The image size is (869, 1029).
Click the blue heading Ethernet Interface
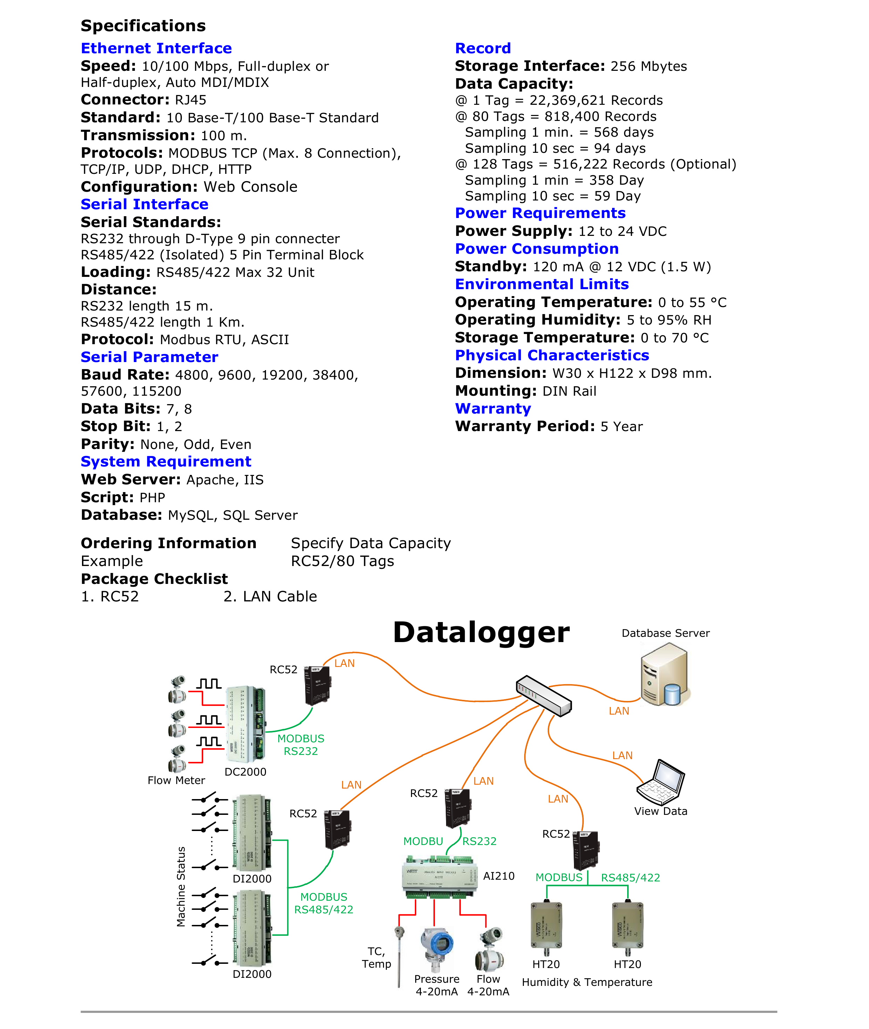click(156, 48)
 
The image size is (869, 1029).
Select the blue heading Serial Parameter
click(149, 357)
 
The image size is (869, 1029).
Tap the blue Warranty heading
click(493, 409)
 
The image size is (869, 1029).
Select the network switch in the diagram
click(543, 695)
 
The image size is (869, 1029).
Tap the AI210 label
click(499, 876)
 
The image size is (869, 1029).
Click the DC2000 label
click(245, 772)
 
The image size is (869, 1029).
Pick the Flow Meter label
click(176, 780)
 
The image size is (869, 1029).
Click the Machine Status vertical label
click(181, 887)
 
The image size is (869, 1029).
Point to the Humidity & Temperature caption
click(587, 982)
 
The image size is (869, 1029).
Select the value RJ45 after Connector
click(191, 100)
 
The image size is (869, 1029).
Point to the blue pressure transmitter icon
click(437, 947)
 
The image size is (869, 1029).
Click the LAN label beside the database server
click(619, 711)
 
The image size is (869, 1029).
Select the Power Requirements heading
click(540, 213)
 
